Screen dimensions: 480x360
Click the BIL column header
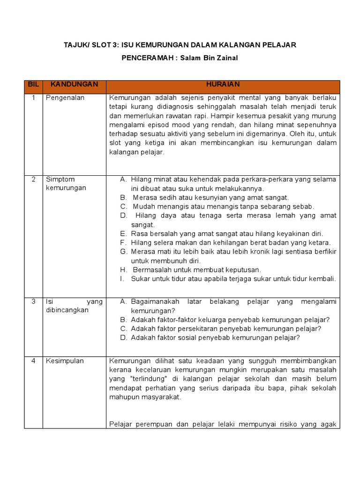tap(33, 84)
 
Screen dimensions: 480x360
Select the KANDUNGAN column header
tap(74, 84)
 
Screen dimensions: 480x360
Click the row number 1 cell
tap(33, 98)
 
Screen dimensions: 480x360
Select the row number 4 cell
tap(33, 361)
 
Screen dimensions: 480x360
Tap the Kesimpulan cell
tap(65, 361)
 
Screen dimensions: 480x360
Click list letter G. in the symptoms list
tap(124, 252)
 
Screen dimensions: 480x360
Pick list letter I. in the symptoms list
tap(122, 278)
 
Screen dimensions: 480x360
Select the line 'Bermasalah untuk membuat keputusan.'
tap(197, 270)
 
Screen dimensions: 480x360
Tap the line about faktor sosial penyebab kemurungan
tap(216, 337)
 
